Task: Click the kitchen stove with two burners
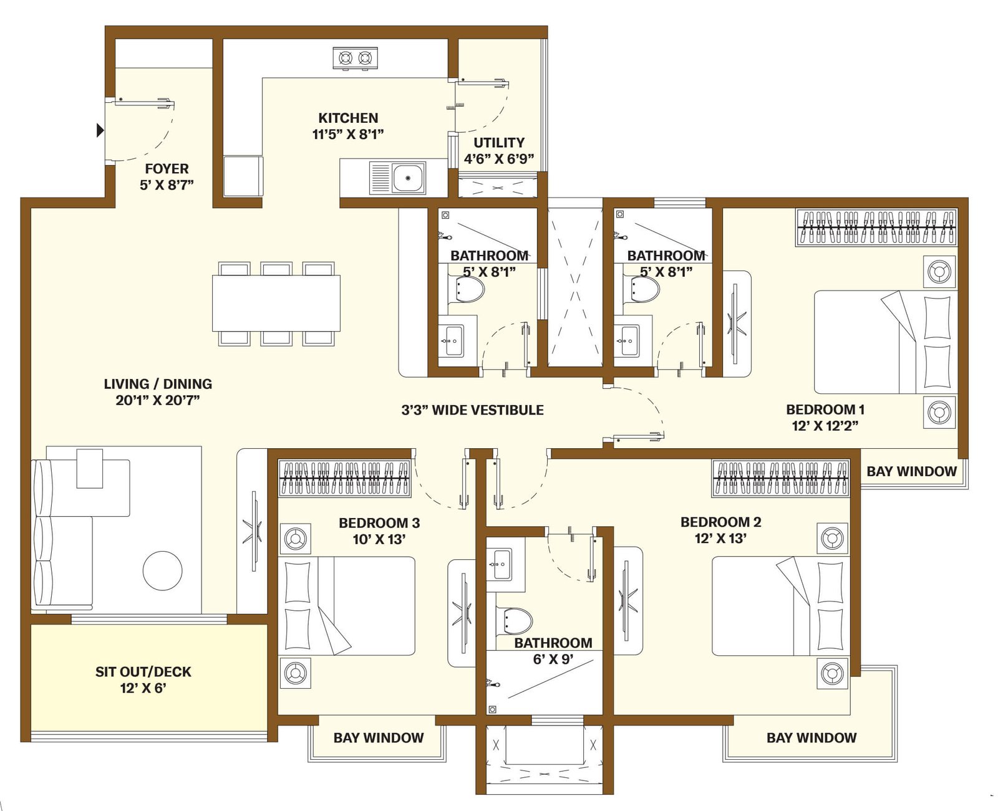[x=355, y=59]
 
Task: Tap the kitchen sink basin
[x=408, y=178]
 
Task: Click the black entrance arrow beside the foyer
[x=100, y=130]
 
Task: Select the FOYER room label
[x=167, y=168]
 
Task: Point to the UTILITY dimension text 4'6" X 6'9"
[x=499, y=159]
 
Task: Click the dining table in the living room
[x=276, y=304]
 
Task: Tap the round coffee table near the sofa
[x=163, y=571]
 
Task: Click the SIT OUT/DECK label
[x=143, y=672]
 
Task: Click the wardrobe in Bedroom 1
[x=876, y=227]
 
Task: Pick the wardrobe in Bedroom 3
[x=345, y=478]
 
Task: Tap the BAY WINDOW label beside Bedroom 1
[x=912, y=471]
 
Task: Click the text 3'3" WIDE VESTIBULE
[x=472, y=410]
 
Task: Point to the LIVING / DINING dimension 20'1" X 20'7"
[x=158, y=400]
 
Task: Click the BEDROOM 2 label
[x=720, y=522]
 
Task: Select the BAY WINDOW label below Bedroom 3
[x=379, y=738]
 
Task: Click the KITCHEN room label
[x=348, y=118]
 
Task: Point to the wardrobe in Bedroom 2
[x=780, y=478]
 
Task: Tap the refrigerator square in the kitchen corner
[x=243, y=176]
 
